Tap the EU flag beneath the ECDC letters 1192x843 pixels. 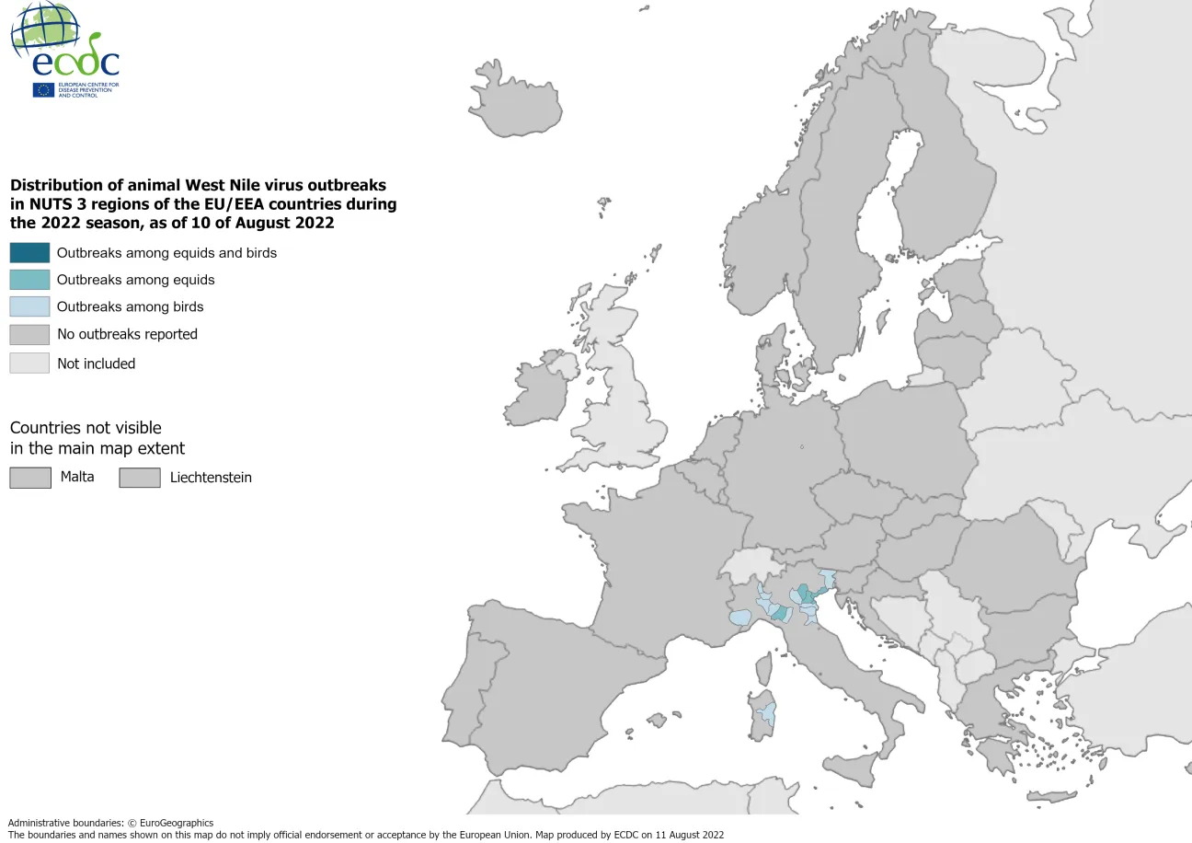[x=43, y=89]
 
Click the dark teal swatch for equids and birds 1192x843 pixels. [x=29, y=252]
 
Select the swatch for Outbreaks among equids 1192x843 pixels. [x=29, y=280]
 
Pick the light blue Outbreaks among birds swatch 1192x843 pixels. [x=29, y=306]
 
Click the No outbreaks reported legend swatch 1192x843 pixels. [x=29, y=334]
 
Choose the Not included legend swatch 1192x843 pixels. [x=29, y=363]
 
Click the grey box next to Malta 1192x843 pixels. [x=29, y=477]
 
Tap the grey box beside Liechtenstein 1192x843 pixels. [x=139, y=478]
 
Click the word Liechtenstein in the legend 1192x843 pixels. [x=211, y=478]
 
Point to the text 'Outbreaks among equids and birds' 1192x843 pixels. [x=166, y=252]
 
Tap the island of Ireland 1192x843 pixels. [x=538, y=391]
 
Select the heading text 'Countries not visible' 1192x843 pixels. [x=86, y=428]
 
